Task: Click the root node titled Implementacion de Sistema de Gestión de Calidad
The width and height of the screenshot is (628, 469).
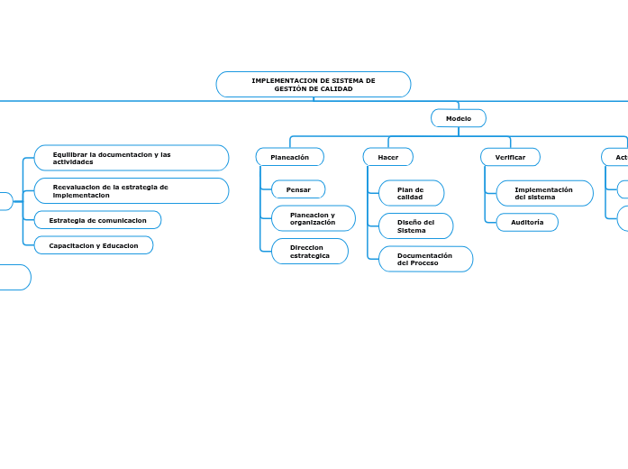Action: coord(314,85)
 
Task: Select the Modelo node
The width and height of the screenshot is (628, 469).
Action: coord(459,118)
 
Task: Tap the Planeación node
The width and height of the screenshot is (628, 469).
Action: coord(290,157)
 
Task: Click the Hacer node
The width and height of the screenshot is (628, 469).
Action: coord(388,157)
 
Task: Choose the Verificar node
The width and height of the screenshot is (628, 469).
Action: coord(510,157)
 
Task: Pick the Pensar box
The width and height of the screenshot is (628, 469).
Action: coord(298,189)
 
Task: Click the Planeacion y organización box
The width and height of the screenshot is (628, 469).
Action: coord(313,218)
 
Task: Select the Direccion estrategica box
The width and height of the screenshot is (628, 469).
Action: coord(310,252)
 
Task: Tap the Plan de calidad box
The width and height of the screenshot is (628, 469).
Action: coord(411,193)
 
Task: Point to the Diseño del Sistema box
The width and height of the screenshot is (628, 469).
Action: coord(415,226)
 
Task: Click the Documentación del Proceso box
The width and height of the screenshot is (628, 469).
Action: coord(424,259)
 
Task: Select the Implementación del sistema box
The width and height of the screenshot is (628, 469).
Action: coord(544,193)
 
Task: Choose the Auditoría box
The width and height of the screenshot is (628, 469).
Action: coord(527,222)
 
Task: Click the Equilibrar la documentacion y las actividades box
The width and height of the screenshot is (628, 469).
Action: coord(132,158)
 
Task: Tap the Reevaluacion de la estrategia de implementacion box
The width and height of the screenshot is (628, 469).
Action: coord(132,190)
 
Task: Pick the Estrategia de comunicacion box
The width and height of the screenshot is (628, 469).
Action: coord(97,220)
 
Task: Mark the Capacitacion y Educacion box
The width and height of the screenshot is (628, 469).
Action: coord(94,245)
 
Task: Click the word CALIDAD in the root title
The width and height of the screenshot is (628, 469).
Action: coord(334,89)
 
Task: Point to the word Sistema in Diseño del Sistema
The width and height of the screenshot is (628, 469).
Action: coord(412,231)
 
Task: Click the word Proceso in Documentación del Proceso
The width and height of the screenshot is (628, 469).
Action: coord(423,263)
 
